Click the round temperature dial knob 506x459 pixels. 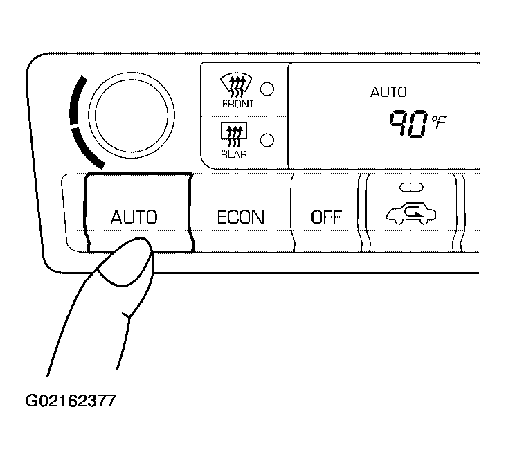pyautogui.click(x=132, y=115)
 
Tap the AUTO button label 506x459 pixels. pyautogui.click(x=134, y=217)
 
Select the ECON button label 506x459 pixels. pyautogui.click(x=241, y=217)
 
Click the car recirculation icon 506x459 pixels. pyautogui.click(x=411, y=213)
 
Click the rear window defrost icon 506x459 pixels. pyautogui.click(x=234, y=134)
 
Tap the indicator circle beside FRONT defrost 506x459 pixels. pyautogui.click(x=267, y=89)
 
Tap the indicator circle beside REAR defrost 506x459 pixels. pyautogui.click(x=267, y=140)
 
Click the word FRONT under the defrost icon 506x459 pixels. pyautogui.click(x=237, y=104)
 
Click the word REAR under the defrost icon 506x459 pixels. pyautogui.click(x=234, y=154)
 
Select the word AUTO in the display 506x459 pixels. pyautogui.click(x=388, y=92)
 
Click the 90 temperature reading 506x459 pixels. pyautogui.click(x=409, y=124)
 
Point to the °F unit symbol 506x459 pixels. pyautogui.click(x=439, y=122)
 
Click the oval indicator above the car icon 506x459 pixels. pyautogui.click(x=411, y=188)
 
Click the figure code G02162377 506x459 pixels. pyautogui.click(x=71, y=402)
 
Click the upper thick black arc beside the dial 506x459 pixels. pyautogui.click(x=76, y=100)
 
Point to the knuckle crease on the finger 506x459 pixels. pyautogui.click(x=127, y=316)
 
